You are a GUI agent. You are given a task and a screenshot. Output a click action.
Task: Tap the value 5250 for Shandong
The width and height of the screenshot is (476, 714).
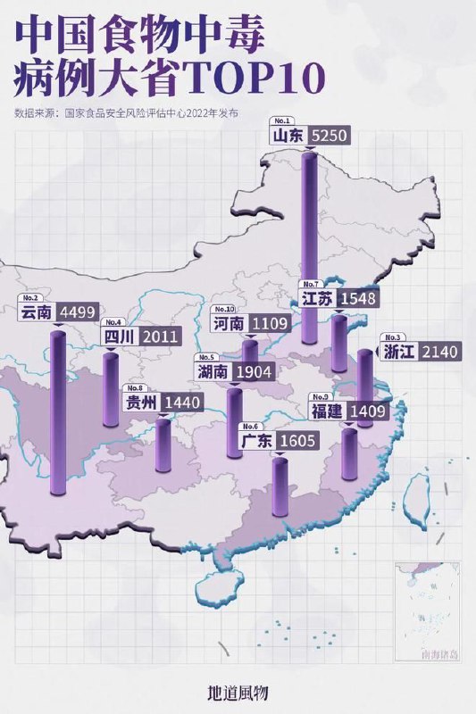(x=327, y=136)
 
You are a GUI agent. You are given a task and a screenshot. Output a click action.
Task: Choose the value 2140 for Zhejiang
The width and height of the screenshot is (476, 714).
(x=439, y=352)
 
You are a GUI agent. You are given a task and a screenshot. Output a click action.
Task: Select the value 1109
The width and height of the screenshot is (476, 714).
(x=268, y=323)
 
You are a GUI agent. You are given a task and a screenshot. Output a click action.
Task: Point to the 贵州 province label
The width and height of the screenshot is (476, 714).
(x=141, y=403)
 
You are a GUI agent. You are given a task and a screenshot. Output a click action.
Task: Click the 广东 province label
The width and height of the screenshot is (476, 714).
(x=258, y=440)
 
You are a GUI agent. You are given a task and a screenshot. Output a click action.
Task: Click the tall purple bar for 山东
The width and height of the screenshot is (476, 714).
(x=309, y=250)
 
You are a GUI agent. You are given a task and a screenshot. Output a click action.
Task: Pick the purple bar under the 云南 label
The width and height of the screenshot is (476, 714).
(x=58, y=411)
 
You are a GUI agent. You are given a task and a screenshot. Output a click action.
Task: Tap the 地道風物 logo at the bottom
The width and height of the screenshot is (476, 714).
(x=238, y=692)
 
